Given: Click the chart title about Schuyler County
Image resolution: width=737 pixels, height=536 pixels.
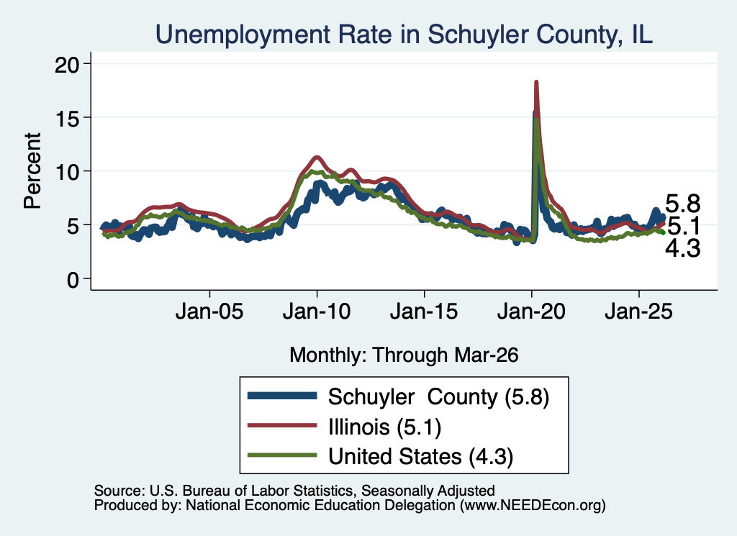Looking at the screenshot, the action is [x=404, y=35].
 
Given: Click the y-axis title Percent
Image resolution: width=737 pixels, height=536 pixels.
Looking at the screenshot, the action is [x=32, y=171].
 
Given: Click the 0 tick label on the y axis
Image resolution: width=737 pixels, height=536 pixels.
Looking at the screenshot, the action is [x=73, y=280].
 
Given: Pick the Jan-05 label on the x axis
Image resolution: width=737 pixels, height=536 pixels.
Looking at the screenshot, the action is [x=209, y=312].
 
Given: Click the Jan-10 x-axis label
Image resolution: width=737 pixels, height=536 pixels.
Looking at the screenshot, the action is [x=317, y=312].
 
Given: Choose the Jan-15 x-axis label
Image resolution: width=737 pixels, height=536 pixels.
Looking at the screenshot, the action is [x=424, y=312].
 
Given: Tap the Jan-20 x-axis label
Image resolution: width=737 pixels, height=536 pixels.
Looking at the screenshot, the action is [x=532, y=312].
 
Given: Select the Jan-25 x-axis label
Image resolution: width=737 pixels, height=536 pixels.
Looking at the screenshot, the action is [x=639, y=312].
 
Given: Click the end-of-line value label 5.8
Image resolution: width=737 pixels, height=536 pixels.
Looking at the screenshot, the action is [x=683, y=204].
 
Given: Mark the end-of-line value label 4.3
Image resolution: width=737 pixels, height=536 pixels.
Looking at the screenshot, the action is [x=683, y=248].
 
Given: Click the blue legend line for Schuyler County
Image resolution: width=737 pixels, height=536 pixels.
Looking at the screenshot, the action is [x=282, y=396].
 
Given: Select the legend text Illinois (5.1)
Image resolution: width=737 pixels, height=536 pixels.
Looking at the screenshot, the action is [x=384, y=427].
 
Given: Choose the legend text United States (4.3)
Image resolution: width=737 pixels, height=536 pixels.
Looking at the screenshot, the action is [x=420, y=457].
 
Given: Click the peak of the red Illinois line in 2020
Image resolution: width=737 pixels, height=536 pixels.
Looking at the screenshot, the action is [x=535, y=82].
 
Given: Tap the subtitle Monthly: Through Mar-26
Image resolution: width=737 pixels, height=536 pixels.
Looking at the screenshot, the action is [x=404, y=355].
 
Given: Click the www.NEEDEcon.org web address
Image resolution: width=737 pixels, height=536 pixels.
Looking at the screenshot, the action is [x=533, y=506].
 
